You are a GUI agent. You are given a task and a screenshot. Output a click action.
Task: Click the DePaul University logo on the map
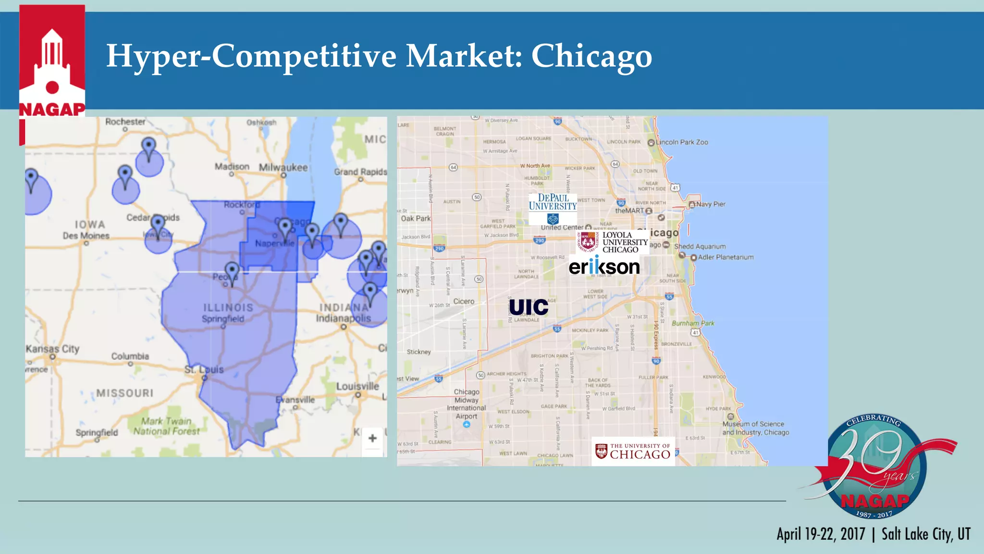click(553, 208)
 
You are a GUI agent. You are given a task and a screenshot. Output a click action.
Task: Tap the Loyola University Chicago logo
click(613, 242)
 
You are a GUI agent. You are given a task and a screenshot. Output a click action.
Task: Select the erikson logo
click(604, 266)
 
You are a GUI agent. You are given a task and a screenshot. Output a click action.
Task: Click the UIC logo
click(529, 307)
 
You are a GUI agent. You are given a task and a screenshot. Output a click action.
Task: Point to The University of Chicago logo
click(633, 451)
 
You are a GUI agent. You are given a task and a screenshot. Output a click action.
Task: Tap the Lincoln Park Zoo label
click(681, 142)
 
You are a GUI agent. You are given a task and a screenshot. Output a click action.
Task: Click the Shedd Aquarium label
click(700, 246)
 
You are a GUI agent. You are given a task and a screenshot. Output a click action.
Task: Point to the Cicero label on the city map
click(464, 302)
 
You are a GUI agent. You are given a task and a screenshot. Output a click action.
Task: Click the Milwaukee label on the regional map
click(283, 167)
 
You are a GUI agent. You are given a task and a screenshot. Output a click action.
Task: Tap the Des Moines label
click(86, 236)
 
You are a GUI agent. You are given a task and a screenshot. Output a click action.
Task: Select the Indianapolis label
click(343, 318)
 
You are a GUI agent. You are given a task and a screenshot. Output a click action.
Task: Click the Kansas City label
click(52, 349)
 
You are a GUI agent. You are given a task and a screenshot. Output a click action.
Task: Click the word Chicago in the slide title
click(591, 56)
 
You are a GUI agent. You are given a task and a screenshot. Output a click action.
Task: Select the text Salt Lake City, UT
click(926, 534)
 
